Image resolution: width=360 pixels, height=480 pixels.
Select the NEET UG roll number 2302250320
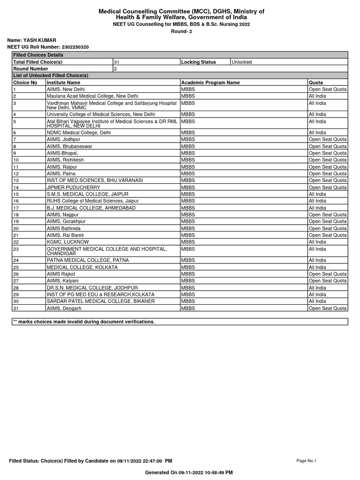(x=75, y=47)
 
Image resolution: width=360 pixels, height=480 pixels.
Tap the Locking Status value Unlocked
(x=241, y=62)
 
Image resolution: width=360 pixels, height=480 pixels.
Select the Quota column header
(x=316, y=82)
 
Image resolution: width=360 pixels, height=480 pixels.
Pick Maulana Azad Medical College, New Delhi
(x=92, y=96)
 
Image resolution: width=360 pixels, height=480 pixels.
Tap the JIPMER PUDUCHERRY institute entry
(x=73, y=187)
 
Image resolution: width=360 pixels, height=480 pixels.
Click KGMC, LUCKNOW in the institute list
(x=67, y=242)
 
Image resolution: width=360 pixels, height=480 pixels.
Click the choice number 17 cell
(x=16, y=208)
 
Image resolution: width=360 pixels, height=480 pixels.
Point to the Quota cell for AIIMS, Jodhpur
(x=328, y=139)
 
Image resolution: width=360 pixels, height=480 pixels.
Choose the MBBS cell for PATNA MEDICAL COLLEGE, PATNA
(x=188, y=260)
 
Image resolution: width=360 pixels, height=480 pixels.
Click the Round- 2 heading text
(x=181, y=32)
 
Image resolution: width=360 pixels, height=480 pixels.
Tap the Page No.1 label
(x=307, y=461)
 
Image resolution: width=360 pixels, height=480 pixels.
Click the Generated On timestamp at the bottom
(x=189, y=472)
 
